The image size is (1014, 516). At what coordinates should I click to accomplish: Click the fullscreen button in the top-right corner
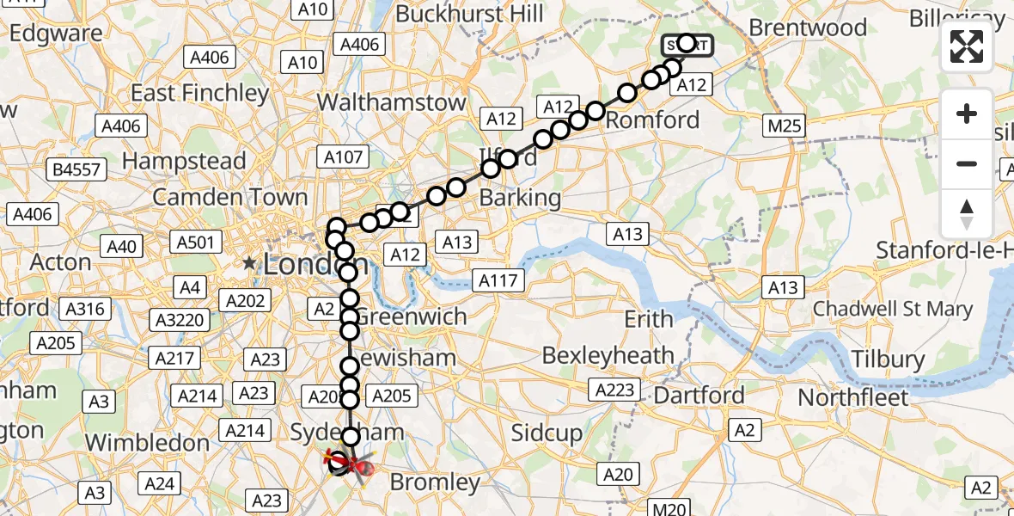tap(967, 46)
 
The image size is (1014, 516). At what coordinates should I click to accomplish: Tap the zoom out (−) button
tap(967, 163)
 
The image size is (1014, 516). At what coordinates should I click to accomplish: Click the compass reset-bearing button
tap(967, 213)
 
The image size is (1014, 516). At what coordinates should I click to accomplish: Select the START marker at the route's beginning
tap(687, 45)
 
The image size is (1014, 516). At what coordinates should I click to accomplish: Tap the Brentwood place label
tap(808, 28)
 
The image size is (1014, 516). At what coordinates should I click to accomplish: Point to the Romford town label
tap(653, 120)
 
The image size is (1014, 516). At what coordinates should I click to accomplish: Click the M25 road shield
tap(785, 126)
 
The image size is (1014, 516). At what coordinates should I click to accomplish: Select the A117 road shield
tap(498, 279)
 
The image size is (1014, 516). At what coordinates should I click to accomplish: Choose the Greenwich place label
tap(411, 316)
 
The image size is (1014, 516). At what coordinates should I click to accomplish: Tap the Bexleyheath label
tap(608, 354)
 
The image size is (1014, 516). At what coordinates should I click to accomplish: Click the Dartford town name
tap(699, 396)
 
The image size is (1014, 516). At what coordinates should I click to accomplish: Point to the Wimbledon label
tap(147, 442)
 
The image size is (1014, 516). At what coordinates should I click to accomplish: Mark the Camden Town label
tap(229, 197)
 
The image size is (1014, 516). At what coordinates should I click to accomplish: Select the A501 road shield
tap(193, 243)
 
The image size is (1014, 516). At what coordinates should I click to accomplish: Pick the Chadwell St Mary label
tap(892, 308)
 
